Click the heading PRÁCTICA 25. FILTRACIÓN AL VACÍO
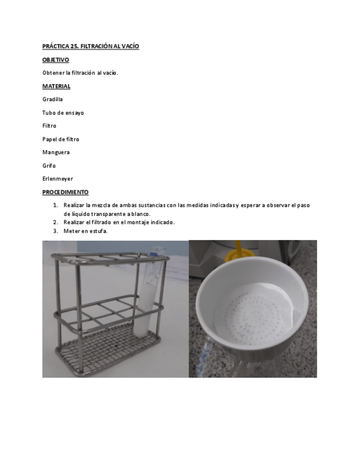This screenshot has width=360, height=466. pos(91,47)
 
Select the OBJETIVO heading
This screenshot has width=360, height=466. pos(56,60)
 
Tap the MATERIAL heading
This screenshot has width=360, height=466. pos(56,86)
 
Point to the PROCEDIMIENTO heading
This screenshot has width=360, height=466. pos(65,192)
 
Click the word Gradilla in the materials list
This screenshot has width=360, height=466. pos(52,99)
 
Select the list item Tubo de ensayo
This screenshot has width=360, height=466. pos(63,113)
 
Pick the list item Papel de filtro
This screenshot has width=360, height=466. pos(60,139)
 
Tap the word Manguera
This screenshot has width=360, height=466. pos(56,152)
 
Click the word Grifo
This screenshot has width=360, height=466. pos(49,165)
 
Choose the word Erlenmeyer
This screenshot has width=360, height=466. pos(58,179)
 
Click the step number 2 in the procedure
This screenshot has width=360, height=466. pos(56,222)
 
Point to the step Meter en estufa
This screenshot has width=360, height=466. pos(86,231)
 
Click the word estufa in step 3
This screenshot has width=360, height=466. pos(98,231)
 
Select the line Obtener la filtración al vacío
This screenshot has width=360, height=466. pos(80,73)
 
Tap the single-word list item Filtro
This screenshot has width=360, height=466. pos(49,126)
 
